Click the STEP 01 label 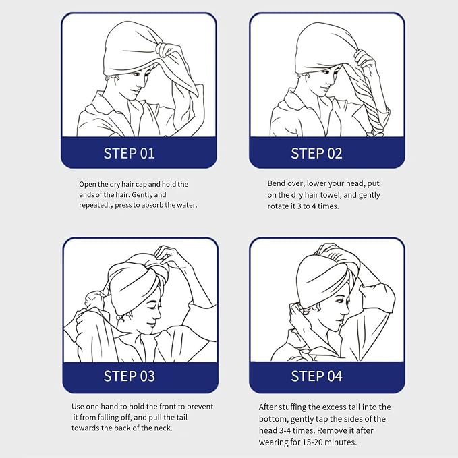pos(129,153)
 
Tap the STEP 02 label pos(316,153)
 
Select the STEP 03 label pos(129,376)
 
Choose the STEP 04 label pos(316,376)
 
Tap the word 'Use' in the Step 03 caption pos(78,407)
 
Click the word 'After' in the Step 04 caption pos(268,407)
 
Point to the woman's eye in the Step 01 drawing pos(137,74)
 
